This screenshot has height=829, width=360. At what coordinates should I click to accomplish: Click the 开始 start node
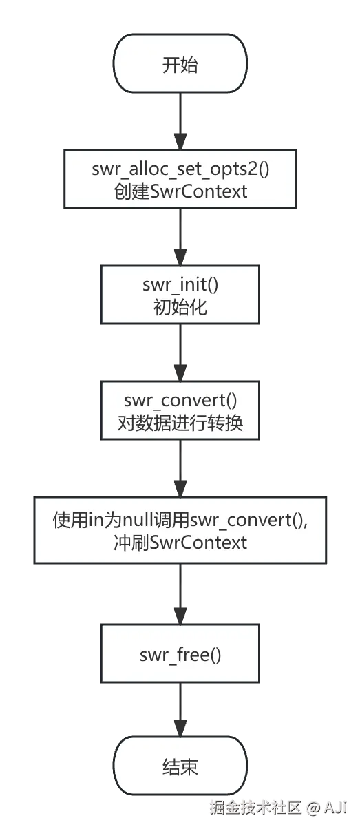pos(180,65)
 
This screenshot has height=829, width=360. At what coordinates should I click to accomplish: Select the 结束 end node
pos(180,766)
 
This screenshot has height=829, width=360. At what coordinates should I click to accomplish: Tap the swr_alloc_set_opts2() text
pos(180,169)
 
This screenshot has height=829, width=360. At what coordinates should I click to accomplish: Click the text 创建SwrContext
pos(180,191)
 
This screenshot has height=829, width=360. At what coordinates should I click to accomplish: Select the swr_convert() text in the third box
pos(180,401)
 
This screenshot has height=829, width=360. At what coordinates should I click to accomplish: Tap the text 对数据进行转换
pos(180,423)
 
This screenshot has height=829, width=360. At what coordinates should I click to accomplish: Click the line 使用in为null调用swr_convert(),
pos(180,520)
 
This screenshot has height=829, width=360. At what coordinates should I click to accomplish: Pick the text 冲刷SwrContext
pos(180,542)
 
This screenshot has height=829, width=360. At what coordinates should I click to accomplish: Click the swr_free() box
pos(180,654)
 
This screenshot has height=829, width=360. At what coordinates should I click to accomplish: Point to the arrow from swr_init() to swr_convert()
pos(180,353)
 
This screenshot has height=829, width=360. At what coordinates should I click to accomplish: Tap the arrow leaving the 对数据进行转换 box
pos(180,469)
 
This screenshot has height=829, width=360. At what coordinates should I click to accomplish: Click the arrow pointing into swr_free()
pos(180,592)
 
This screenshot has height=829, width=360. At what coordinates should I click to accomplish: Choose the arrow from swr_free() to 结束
pos(180,709)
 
